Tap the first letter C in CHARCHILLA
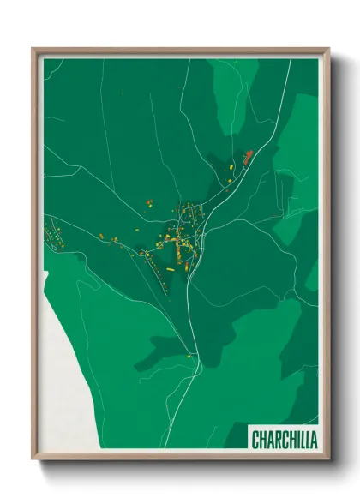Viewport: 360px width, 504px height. (x=255, y=438)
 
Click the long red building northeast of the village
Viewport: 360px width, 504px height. (x=249, y=156)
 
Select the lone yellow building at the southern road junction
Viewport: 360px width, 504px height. (x=189, y=356)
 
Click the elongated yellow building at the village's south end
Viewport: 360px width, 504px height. (x=169, y=267)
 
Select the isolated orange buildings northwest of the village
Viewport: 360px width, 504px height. (x=148, y=203)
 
